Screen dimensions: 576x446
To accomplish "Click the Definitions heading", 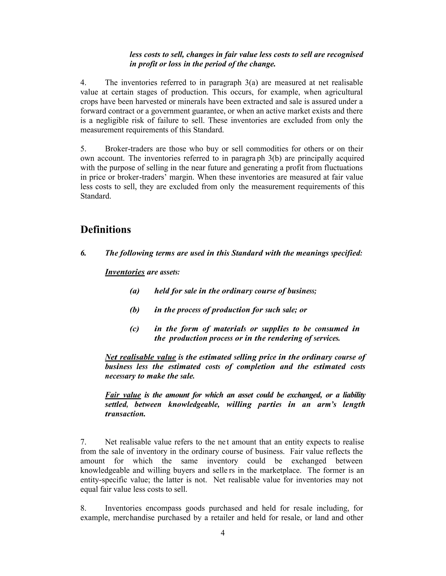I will point(105,230).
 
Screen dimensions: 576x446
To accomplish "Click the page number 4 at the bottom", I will point(223,533).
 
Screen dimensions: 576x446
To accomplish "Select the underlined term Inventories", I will point(125,272).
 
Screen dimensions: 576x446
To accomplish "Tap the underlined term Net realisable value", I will point(140,357).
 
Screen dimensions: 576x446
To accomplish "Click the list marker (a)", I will point(134,291).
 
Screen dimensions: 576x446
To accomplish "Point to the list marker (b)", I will point(134,310).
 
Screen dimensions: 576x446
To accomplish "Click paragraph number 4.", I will point(83,83).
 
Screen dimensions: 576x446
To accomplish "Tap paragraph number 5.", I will point(83,149).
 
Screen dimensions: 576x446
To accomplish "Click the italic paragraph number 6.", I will point(83,253).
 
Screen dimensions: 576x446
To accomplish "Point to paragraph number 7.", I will point(83,442).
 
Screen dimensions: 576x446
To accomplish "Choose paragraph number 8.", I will point(83,508).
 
